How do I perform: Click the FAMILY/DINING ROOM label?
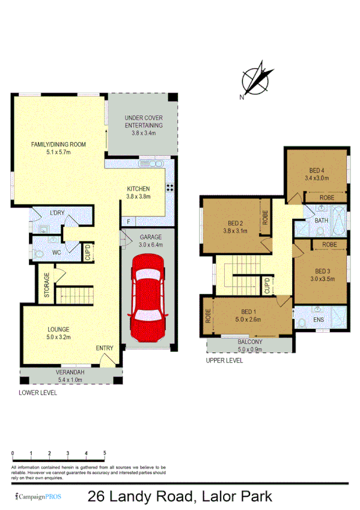pos(59,148)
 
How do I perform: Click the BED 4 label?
pos(317,173)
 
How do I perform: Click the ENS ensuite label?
pos(319,319)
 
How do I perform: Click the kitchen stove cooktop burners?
pos(169,187)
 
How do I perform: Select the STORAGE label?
pos(46,286)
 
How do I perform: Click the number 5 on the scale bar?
pos(105,453)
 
